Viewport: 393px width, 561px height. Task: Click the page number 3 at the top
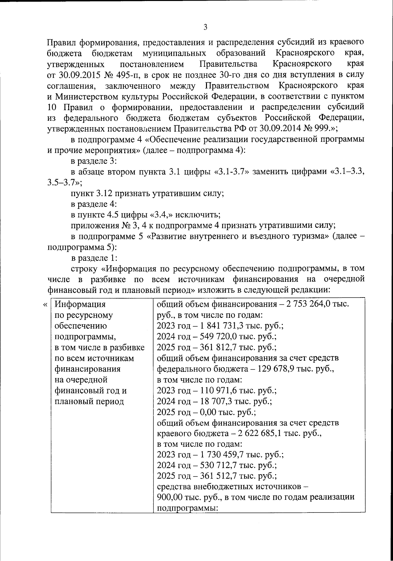tap(205, 27)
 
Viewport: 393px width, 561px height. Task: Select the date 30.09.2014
tap(284, 128)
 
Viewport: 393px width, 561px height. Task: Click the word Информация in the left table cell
tap(80, 304)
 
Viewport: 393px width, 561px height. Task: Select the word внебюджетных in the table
tap(223, 487)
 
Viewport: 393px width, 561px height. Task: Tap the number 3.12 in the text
tap(103, 193)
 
